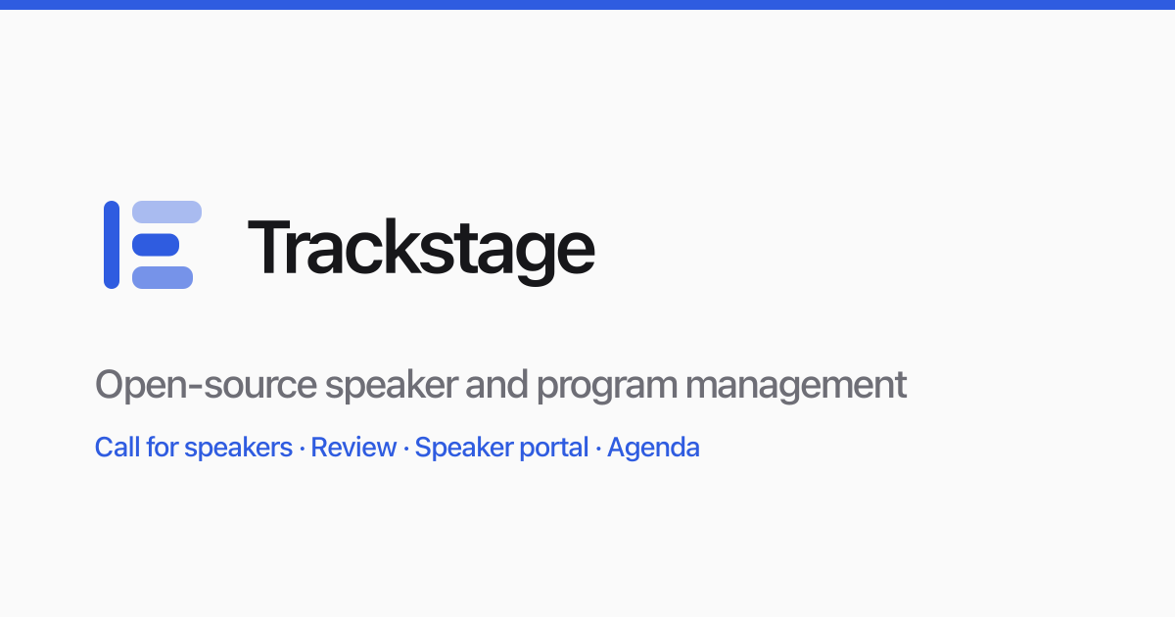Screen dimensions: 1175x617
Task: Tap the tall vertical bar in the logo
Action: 112,245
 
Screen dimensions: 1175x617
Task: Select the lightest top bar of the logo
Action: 166,212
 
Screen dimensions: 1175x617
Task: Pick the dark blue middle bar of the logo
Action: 156,245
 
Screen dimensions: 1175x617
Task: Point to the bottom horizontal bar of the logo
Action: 163,277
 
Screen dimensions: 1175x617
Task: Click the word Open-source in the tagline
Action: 206,386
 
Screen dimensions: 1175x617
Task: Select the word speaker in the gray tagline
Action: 392,386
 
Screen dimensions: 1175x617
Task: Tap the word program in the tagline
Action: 607,388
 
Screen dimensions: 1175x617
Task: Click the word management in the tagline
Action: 796,387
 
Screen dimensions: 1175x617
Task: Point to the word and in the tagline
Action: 496,385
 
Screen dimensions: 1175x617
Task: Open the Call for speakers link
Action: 194,448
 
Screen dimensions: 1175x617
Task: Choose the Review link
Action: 353,448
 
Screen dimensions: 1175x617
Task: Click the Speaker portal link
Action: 501,448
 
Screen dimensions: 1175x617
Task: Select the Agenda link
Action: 653,449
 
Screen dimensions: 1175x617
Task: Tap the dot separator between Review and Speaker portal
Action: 406,449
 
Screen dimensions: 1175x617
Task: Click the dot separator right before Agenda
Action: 598,449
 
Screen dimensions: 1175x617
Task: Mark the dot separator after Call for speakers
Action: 302,449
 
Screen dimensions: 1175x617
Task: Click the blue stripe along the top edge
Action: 587,5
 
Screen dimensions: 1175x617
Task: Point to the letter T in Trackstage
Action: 269,246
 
